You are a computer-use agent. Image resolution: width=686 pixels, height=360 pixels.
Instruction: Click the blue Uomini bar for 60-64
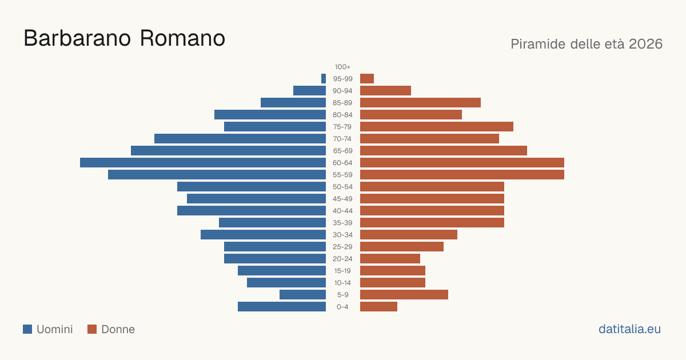click(203, 162)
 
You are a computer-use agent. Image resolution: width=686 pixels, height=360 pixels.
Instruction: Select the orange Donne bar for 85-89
click(420, 102)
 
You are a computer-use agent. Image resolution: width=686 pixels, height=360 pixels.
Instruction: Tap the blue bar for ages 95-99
click(324, 79)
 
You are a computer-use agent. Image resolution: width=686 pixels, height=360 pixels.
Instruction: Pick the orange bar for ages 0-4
click(378, 307)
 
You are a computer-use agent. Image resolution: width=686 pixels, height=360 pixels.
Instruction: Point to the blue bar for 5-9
click(302, 295)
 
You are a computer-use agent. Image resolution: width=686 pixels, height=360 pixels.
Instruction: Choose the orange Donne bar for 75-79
click(437, 127)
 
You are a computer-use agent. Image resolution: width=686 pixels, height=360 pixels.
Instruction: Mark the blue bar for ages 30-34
click(264, 235)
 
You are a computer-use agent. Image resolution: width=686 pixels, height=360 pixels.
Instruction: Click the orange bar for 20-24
click(390, 259)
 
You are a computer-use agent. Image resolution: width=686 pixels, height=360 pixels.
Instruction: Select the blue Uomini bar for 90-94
click(310, 91)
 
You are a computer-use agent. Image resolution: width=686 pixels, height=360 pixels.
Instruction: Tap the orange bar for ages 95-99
click(367, 79)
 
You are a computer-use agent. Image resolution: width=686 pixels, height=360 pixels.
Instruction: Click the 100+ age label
click(342, 67)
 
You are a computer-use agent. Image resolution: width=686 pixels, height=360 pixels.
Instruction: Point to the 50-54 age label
click(342, 187)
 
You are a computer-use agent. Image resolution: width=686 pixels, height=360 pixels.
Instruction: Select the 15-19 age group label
click(342, 271)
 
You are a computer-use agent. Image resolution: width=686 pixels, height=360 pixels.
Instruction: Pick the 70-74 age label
click(342, 139)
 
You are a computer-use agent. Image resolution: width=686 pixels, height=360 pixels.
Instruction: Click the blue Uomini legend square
click(27, 329)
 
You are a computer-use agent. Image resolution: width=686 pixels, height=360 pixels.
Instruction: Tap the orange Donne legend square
click(92, 329)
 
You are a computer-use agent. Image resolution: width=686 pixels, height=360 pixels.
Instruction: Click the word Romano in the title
click(182, 38)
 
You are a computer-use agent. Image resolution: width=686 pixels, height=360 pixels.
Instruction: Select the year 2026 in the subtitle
click(645, 44)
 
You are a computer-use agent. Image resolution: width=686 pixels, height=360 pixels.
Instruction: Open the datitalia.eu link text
click(629, 329)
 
